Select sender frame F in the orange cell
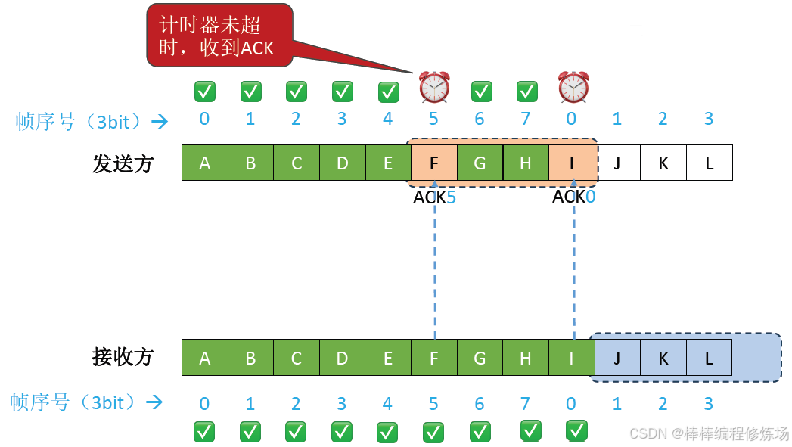click(434, 163)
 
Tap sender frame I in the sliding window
click(572, 163)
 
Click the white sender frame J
click(618, 163)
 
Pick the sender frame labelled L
click(709, 163)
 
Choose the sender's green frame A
click(205, 163)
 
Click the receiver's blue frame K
click(663, 358)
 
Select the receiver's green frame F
click(434, 358)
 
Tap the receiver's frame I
click(572, 358)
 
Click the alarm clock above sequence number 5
click(434, 87)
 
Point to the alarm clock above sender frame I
click(573, 87)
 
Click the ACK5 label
click(434, 197)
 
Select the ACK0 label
click(573, 197)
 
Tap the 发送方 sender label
click(123, 163)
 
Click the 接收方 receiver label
click(123, 357)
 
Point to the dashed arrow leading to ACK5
click(435, 265)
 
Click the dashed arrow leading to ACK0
click(574, 265)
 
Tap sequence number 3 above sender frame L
click(709, 119)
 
